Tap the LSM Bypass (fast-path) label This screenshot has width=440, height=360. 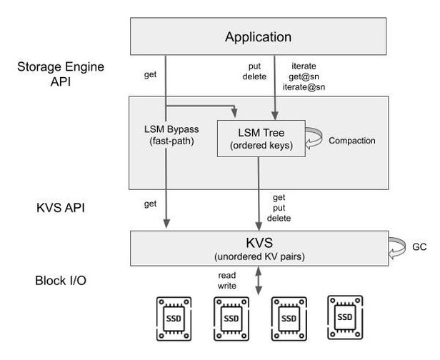click(171, 135)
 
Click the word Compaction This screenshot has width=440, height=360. click(351, 141)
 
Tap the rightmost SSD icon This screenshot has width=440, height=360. click(344, 315)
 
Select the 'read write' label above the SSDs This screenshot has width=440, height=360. click(226, 279)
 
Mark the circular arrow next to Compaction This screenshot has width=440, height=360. click(314, 141)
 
